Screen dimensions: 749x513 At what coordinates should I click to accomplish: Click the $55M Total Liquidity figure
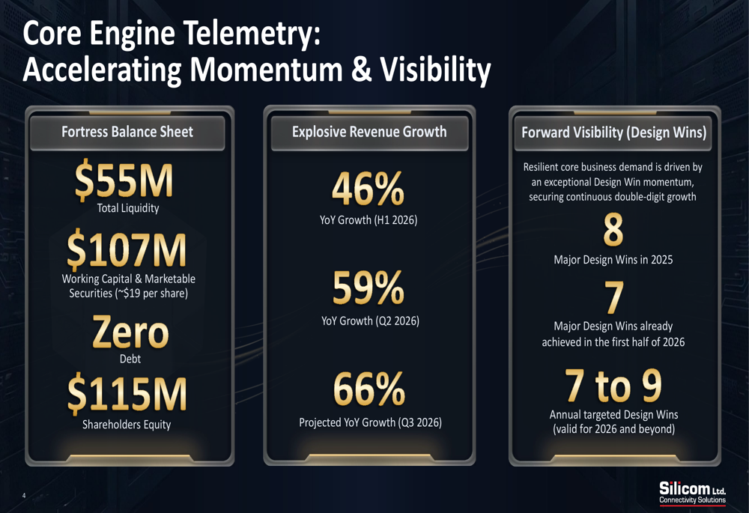124,180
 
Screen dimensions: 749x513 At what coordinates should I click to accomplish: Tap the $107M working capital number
126,249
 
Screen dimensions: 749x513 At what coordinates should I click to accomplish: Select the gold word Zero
130,332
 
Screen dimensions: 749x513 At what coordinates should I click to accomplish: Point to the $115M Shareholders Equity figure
127,394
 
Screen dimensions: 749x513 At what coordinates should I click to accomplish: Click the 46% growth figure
369,189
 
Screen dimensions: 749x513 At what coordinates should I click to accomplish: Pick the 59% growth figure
369,288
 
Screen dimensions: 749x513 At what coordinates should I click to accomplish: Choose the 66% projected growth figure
369,389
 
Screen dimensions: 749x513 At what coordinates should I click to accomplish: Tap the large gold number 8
613,230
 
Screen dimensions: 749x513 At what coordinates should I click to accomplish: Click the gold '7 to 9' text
613,385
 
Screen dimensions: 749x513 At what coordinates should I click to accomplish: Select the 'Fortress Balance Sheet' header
127,132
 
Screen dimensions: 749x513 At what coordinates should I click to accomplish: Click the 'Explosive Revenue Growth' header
369,132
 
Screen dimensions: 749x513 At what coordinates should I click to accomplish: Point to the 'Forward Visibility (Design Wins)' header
614,133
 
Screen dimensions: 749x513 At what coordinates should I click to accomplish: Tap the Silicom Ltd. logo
692,493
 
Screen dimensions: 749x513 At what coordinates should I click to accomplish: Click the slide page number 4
24,496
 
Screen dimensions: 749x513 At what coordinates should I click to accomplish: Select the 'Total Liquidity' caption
128,208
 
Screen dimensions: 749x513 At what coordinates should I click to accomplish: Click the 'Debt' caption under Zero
130,359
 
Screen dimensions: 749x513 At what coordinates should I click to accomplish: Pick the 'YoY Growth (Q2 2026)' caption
370,321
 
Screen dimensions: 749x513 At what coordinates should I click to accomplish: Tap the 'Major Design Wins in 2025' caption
613,260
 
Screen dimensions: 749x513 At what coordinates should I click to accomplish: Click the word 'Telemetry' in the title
252,34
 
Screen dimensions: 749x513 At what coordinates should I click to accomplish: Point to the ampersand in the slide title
361,68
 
